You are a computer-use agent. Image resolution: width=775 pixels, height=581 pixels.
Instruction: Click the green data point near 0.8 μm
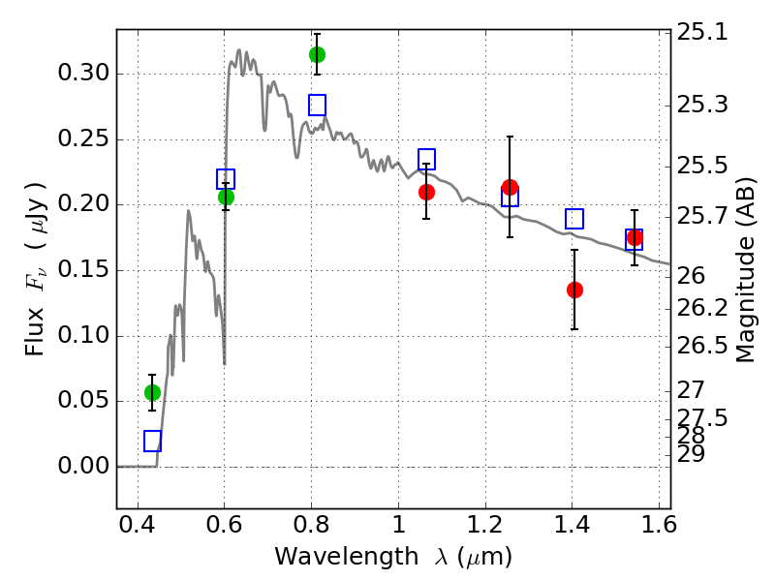tap(318, 54)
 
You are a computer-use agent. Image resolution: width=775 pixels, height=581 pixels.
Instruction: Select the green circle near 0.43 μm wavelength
tap(152, 392)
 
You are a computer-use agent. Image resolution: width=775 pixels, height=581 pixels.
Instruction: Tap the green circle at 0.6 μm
tap(226, 197)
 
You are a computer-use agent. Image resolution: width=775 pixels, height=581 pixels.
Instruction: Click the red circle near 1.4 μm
tap(574, 290)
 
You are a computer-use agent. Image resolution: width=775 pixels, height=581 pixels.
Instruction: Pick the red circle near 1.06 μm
tap(426, 192)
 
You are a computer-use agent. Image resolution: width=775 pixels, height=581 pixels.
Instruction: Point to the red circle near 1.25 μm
tap(511, 187)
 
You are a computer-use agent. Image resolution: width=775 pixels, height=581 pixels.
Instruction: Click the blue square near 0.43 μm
tap(152, 441)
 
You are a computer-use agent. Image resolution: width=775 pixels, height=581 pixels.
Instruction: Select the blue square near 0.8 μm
tap(318, 105)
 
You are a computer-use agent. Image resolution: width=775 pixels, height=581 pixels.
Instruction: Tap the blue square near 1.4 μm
tap(574, 219)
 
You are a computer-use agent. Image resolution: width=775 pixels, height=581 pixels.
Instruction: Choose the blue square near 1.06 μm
tap(426, 159)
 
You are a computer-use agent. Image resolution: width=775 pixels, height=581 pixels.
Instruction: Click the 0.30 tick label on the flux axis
tap(83, 74)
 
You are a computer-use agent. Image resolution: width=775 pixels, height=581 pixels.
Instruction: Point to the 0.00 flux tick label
tap(83, 466)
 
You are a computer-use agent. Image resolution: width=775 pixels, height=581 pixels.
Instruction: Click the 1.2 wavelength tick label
tap(486, 525)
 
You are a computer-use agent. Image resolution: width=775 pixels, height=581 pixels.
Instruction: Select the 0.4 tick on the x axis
tap(138, 525)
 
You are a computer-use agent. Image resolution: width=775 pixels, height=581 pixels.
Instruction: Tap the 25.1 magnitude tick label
tap(701, 32)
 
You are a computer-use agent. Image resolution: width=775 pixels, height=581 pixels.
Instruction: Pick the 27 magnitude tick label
tap(691, 390)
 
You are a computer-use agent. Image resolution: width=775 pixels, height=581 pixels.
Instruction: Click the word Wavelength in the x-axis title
tap(347, 557)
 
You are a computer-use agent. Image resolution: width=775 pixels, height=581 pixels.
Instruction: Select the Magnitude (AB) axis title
tap(745, 270)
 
